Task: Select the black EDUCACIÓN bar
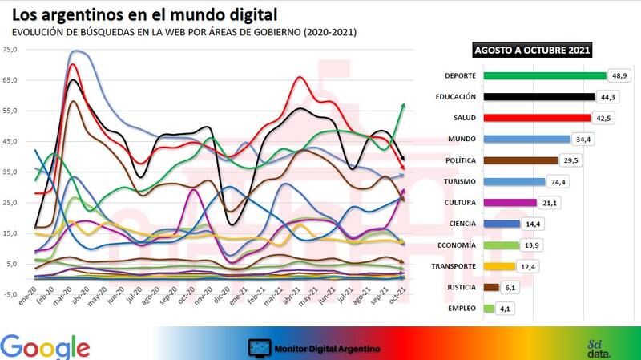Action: (x=536, y=97)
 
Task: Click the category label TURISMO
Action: (x=457, y=181)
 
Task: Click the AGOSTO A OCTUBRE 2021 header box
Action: (x=532, y=51)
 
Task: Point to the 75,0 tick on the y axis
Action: (x=10, y=50)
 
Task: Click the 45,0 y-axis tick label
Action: (x=10, y=142)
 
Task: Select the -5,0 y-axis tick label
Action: (x=10, y=294)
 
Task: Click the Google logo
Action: (x=46, y=346)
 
